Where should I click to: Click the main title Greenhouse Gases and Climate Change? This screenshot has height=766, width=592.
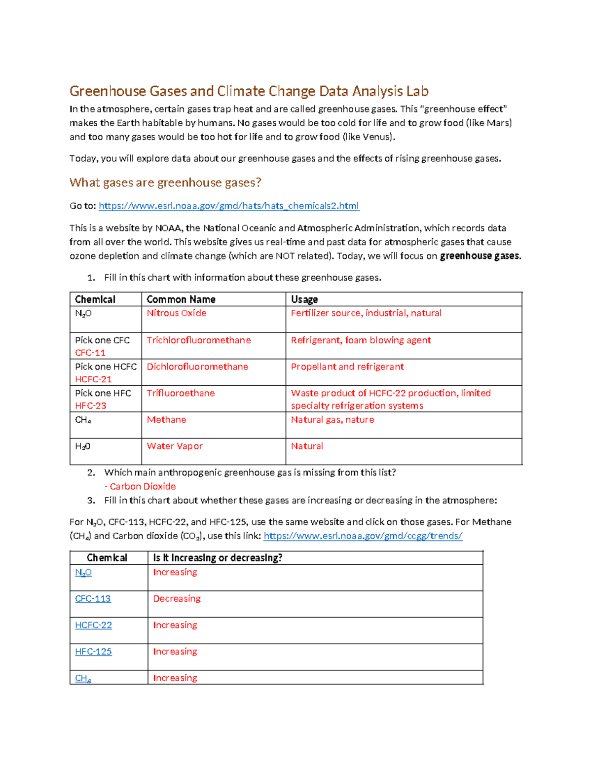tap(249, 91)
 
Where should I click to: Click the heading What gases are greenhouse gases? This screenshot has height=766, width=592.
tap(165, 182)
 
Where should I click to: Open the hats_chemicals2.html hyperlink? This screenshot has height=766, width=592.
tap(229, 206)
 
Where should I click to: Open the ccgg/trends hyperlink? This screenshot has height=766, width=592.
tap(363, 536)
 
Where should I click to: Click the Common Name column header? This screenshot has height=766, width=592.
tap(181, 299)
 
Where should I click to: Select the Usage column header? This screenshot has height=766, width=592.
tap(304, 299)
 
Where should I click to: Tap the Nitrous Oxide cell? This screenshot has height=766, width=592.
tap(176, 313)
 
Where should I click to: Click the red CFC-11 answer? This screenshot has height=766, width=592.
tap(90, 353)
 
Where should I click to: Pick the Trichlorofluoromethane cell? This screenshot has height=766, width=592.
tap(198, 340)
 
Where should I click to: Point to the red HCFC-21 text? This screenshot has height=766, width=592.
tap(93, 379)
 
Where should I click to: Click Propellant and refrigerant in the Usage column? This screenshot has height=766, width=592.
tap(347, 366)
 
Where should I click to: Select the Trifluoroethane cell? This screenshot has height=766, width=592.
tap(181, 393)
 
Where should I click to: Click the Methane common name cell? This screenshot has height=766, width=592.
tap(166, 420)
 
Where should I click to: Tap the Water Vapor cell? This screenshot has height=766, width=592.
tap(175, 446)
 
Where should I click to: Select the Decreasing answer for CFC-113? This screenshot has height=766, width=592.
tap(177, 599)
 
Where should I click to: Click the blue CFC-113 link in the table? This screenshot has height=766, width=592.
tap(93, 599)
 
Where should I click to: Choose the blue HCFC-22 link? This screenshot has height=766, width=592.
tap(93, 625)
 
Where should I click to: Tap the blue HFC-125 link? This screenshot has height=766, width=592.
tap(93, 652)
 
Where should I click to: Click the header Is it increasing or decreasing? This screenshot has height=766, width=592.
tap(218, 558)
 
